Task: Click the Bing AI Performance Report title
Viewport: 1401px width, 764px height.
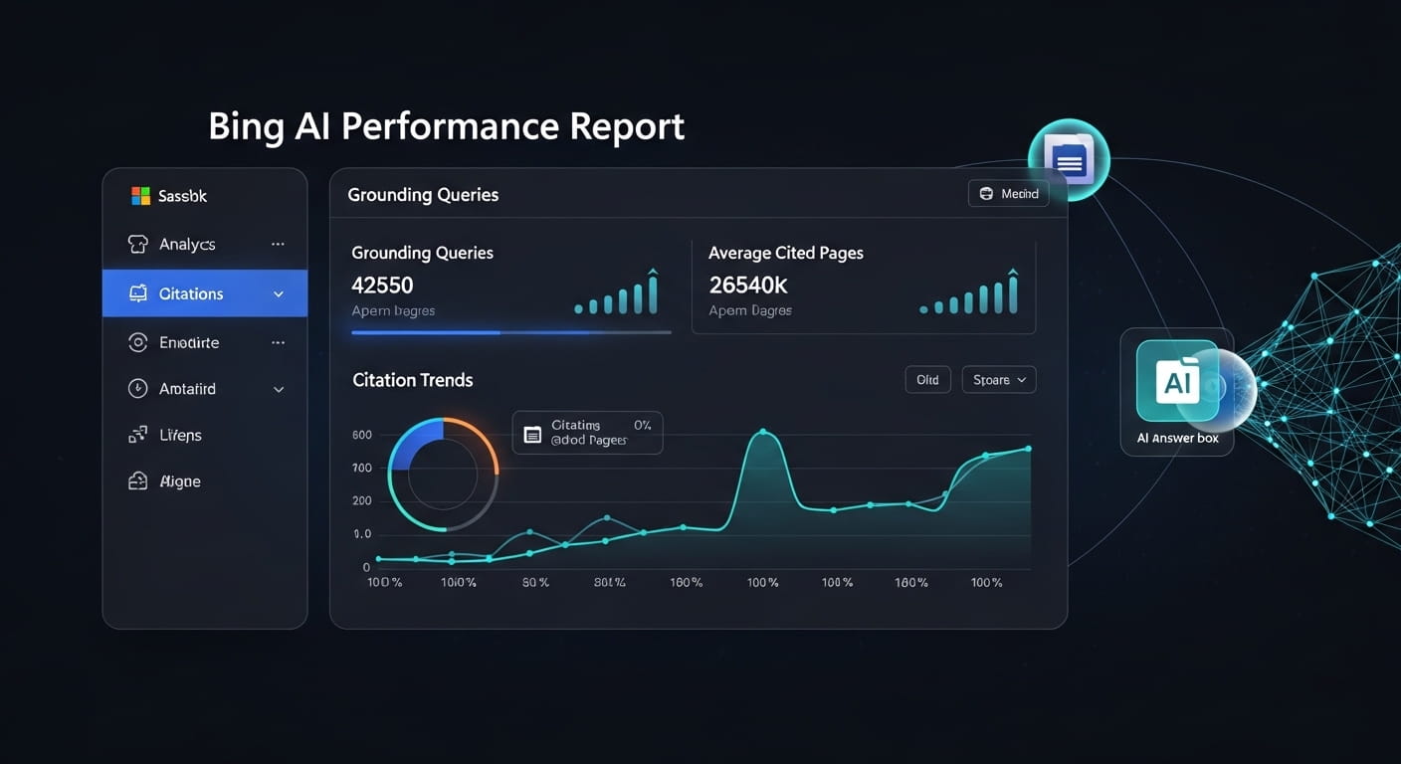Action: tap(446, 127)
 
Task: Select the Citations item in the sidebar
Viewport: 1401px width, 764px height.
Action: tap(190, 293)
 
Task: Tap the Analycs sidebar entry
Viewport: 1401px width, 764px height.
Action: tap(186, 244)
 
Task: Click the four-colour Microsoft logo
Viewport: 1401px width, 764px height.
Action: tap(140, 196)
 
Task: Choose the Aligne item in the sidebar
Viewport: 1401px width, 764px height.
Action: tap(179, 481)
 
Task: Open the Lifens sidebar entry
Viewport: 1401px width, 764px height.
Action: tap(180, 435)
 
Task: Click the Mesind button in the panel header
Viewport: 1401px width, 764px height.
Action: tap(1008, 194)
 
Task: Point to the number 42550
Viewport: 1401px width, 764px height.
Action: tap(382, 286)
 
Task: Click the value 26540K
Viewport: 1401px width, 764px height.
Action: tap(747, 286)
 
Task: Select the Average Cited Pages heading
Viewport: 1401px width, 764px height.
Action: tap(785, 253)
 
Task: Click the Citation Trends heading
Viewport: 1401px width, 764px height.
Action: tap(412, 380)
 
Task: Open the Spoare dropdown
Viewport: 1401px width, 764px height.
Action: tap(998, 380)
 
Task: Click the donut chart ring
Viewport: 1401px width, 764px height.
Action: tap(443, 428)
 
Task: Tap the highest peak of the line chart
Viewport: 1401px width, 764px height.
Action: tap(763, 432)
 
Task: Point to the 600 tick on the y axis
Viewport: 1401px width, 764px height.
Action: tap(361, 435)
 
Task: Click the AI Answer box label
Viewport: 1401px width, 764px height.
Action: tap(1177, 438)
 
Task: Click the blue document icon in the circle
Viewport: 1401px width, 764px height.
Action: tap(1069, 159)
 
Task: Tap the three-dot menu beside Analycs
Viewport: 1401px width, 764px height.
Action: tap(278, 244)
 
